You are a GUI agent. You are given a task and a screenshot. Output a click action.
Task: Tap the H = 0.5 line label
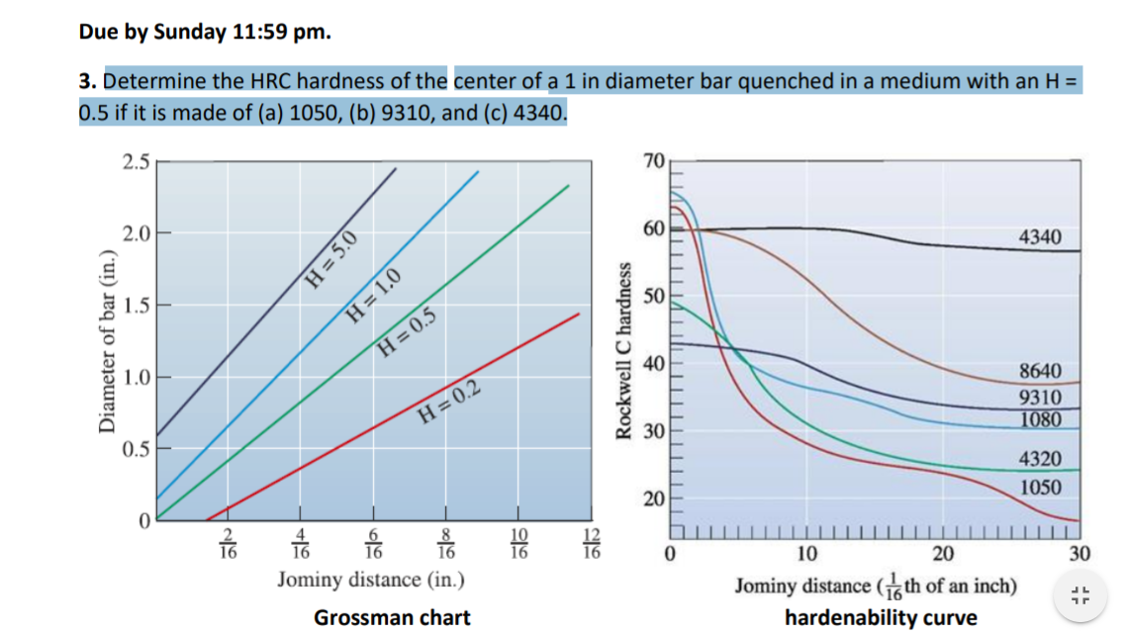(x=407, y=332)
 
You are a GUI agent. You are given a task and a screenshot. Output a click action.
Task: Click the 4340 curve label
(x=1039, y=237)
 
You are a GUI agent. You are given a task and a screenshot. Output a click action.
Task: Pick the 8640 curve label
(x=1040, y=371)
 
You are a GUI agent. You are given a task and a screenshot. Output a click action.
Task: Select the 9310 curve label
(x=1040, y=398)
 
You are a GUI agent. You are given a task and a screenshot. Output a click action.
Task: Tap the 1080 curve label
(x=1040, y=419)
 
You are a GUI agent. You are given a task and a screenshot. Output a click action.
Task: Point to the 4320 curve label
(x=1040, y=459)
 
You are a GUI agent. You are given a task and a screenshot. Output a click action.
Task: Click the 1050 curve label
(x=1040, y=487)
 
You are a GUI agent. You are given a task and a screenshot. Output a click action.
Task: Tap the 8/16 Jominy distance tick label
(x=447, y=544)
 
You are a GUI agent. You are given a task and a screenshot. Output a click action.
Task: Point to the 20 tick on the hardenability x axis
(x=944, y=552)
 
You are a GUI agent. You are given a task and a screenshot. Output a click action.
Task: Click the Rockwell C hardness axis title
(x=624, y=351)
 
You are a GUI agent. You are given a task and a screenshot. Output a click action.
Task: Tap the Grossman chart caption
(x=392, y=618)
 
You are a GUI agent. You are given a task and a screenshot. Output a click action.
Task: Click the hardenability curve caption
(x=881, y=618)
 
